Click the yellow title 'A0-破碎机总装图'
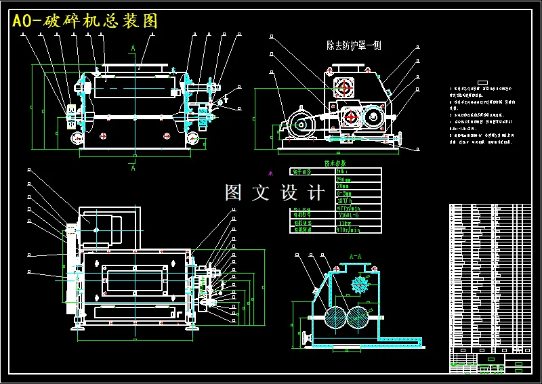[x=85, y=21]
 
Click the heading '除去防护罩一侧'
[x=354, y=46]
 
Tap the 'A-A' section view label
[x=354, y=257]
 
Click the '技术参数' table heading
[x=335, y=163]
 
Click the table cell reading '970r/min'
[x=349, y=230]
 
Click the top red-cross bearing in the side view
[x=345, y=87]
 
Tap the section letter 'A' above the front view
[x=133, y=47]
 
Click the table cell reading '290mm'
[x=344, y=179]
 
